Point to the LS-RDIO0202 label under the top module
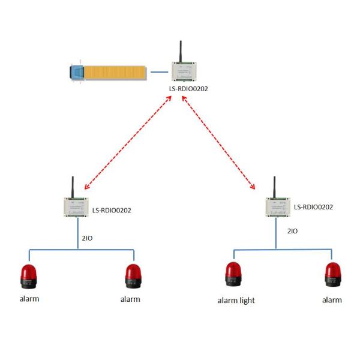point(188,89)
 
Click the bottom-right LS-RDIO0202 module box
point(278,208)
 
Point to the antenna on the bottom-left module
point(73,186)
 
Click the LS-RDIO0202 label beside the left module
point(112,211)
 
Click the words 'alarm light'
point(236,301)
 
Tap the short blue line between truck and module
point(159,71)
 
